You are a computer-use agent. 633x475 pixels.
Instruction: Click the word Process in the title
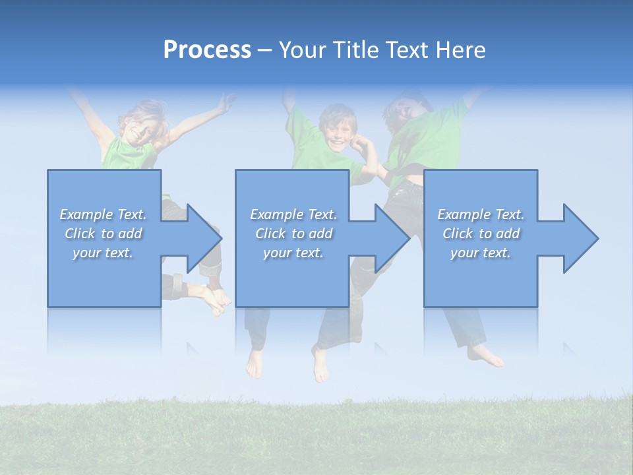coord(207,50)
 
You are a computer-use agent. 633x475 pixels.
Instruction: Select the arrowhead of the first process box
coord(203,238)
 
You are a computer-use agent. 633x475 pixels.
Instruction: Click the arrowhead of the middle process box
coord(391,238)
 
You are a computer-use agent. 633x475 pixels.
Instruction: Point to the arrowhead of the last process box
coord(580,238)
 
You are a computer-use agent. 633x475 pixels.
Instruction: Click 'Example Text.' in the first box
coord(103,214)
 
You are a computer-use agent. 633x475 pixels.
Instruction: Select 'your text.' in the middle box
coord(293,253)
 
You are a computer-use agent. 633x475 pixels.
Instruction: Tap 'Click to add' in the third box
coord(481,234)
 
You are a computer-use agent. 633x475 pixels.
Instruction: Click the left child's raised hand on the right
coord(227,102)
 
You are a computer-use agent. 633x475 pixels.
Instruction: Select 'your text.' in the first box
coord(103,253)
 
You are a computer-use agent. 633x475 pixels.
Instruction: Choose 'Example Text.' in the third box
coord(481,214)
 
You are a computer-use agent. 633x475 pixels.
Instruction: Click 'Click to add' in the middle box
coord(293,234)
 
